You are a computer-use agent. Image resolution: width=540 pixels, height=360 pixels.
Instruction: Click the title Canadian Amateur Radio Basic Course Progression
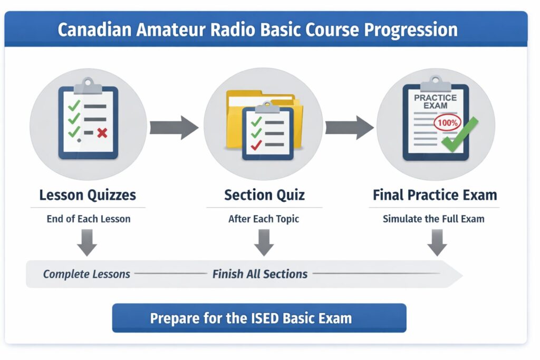[257, 30]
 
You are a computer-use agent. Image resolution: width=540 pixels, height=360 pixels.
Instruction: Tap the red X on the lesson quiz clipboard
[102, 133]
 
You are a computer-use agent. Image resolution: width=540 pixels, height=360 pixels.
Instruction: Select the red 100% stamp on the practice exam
[447, 123]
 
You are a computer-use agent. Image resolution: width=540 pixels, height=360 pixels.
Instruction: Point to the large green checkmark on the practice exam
[460, 134]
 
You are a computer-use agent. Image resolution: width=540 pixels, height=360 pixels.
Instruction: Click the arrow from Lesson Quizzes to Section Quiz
[174, 128]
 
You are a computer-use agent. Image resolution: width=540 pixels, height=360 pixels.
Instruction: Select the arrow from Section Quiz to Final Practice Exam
[350, 128]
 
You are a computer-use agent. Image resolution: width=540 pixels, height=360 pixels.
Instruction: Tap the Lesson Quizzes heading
[88, 195]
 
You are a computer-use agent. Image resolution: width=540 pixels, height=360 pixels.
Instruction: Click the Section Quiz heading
[265, 195]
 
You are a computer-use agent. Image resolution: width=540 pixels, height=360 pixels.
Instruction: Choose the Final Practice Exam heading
[435, 195]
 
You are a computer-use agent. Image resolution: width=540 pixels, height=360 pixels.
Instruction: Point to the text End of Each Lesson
[89, 219]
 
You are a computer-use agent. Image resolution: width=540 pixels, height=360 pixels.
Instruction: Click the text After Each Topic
[264, 219]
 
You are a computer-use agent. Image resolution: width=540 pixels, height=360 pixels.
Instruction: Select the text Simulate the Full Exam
[433, 219]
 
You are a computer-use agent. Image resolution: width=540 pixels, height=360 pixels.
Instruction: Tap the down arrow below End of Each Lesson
[87, 242]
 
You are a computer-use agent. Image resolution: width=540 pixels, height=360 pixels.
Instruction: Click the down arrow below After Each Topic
[264, 242]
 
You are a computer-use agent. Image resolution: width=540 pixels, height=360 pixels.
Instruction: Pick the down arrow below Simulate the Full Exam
[437, 242]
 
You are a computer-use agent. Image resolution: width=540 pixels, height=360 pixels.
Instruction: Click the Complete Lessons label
[86, 274]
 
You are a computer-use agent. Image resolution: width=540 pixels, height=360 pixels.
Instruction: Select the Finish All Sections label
[260, 274]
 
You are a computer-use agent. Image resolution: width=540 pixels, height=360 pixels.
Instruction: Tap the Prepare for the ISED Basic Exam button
[259, 318]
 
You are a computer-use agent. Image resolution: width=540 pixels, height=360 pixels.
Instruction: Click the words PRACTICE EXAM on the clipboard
[435, 102]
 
